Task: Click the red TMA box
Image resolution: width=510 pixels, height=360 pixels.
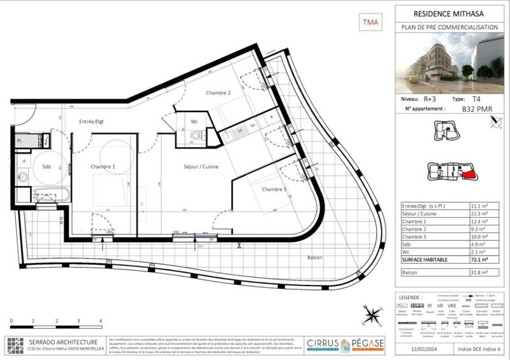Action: [370, 22]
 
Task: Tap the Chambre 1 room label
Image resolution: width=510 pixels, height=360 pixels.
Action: [103, 167]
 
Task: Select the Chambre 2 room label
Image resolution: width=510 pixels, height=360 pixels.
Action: [218, 93]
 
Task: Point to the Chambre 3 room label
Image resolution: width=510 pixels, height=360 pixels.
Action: [273, 190]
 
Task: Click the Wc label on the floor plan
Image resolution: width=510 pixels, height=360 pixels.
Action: [195, 121]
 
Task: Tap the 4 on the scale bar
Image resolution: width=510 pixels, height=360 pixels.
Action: [101, 320]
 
